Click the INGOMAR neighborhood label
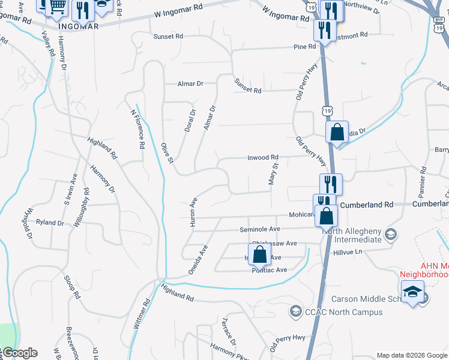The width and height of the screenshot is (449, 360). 79,26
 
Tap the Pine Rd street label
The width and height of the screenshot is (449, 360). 304,47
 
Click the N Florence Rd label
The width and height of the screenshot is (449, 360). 138,129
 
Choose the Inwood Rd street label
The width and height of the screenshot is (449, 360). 264,157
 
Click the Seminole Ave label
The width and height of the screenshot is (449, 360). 260,229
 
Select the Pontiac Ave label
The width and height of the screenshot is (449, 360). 269,270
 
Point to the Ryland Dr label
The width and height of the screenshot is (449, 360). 50,223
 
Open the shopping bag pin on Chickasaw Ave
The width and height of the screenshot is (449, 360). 259,253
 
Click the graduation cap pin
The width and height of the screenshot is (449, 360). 412,292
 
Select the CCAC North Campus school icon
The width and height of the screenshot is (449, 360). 295,311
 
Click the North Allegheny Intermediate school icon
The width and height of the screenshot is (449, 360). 391,233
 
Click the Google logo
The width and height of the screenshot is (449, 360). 19,353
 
